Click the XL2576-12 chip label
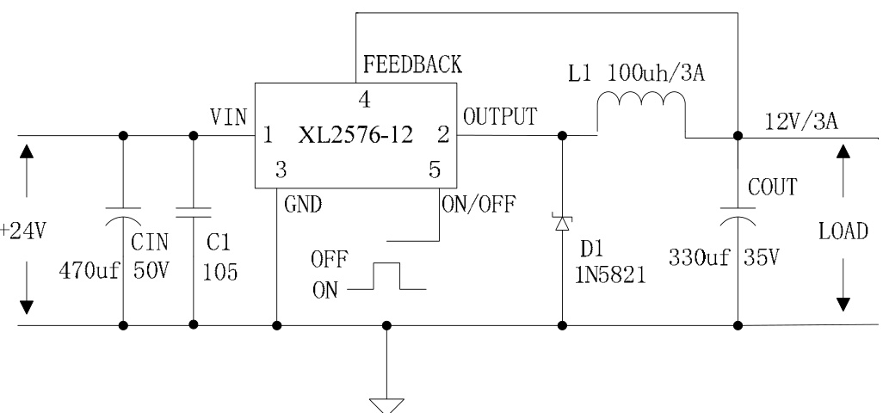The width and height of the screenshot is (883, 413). pyautogui.click(x=355, y=135)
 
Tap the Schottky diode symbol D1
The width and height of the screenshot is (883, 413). pyautogui.click(x=562, y=223)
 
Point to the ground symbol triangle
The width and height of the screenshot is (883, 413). pyautogui.click(x=386, y=402)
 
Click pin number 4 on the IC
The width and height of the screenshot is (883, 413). pyautogui.click(x=365, y=100)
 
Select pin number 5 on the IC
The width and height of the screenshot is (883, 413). pyautogui.click(x=435, y=170)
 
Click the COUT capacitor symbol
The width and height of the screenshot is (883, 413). pyautogui.click(x=738, y=218)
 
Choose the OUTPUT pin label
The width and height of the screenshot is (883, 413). pyautogui.click(x=501, y=116)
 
